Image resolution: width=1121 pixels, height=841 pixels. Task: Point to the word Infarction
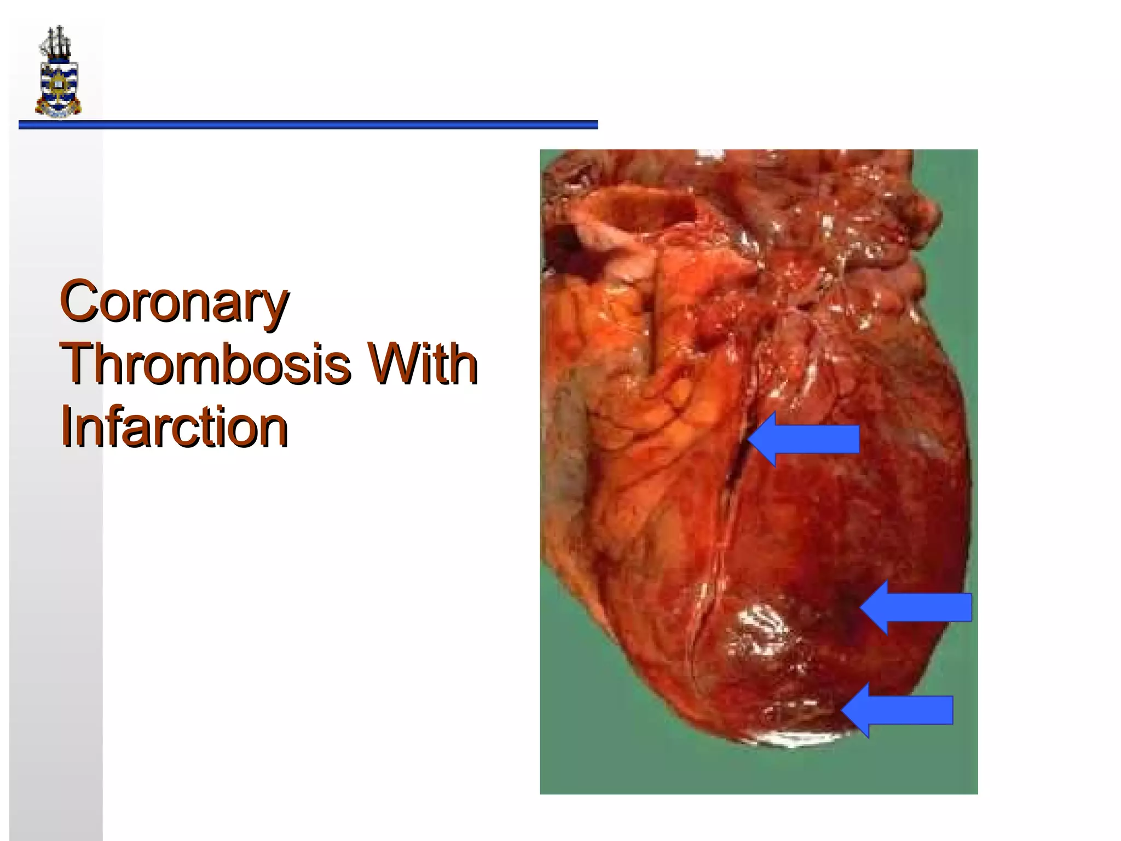(x=174, y=428)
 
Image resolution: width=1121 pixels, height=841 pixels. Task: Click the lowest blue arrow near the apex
(x=898, y=710)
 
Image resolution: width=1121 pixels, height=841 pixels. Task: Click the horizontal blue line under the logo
(x=308, y=125)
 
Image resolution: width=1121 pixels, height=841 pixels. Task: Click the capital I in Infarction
(x=66, y=427)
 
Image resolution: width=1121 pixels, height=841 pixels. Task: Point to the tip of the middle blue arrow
(x=862, y=608)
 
